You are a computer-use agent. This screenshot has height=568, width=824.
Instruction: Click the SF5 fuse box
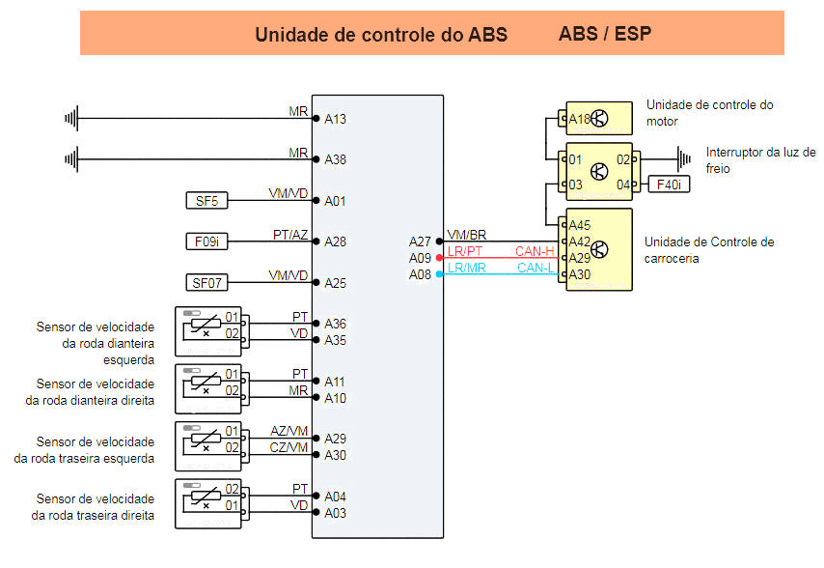pos(206,201)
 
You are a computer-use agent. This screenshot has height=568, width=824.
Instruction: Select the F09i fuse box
pos(206,241)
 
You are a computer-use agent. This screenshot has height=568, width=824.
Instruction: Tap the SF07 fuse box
pos(206,282)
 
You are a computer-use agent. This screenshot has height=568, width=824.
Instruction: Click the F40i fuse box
pos(670,184)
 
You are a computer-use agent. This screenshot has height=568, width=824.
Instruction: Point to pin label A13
pos(335,120)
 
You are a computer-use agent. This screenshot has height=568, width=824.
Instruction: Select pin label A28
pos(335,241)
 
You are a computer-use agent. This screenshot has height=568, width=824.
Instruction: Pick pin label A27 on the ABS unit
pos(420,241)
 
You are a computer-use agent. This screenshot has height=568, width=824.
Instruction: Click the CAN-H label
pos(535,252)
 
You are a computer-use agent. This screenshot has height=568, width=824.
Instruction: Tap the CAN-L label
pos(535,268)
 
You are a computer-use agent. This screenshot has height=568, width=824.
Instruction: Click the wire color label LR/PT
pos(466,252)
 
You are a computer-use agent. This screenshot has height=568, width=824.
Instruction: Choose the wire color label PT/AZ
pos(290,235)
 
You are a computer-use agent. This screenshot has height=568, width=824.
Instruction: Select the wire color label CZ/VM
pos(289,447)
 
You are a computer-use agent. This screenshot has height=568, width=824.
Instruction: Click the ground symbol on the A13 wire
pos(70,119)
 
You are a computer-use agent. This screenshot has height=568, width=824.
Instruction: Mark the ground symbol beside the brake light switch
pos(683,158)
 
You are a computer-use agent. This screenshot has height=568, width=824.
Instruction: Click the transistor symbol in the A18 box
pos(600,119)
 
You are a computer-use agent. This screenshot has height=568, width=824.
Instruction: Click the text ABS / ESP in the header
pos(604,35)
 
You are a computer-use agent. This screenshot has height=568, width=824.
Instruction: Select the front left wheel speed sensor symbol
pos(206,330)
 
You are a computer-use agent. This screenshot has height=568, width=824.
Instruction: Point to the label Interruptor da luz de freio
pos(760,159)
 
